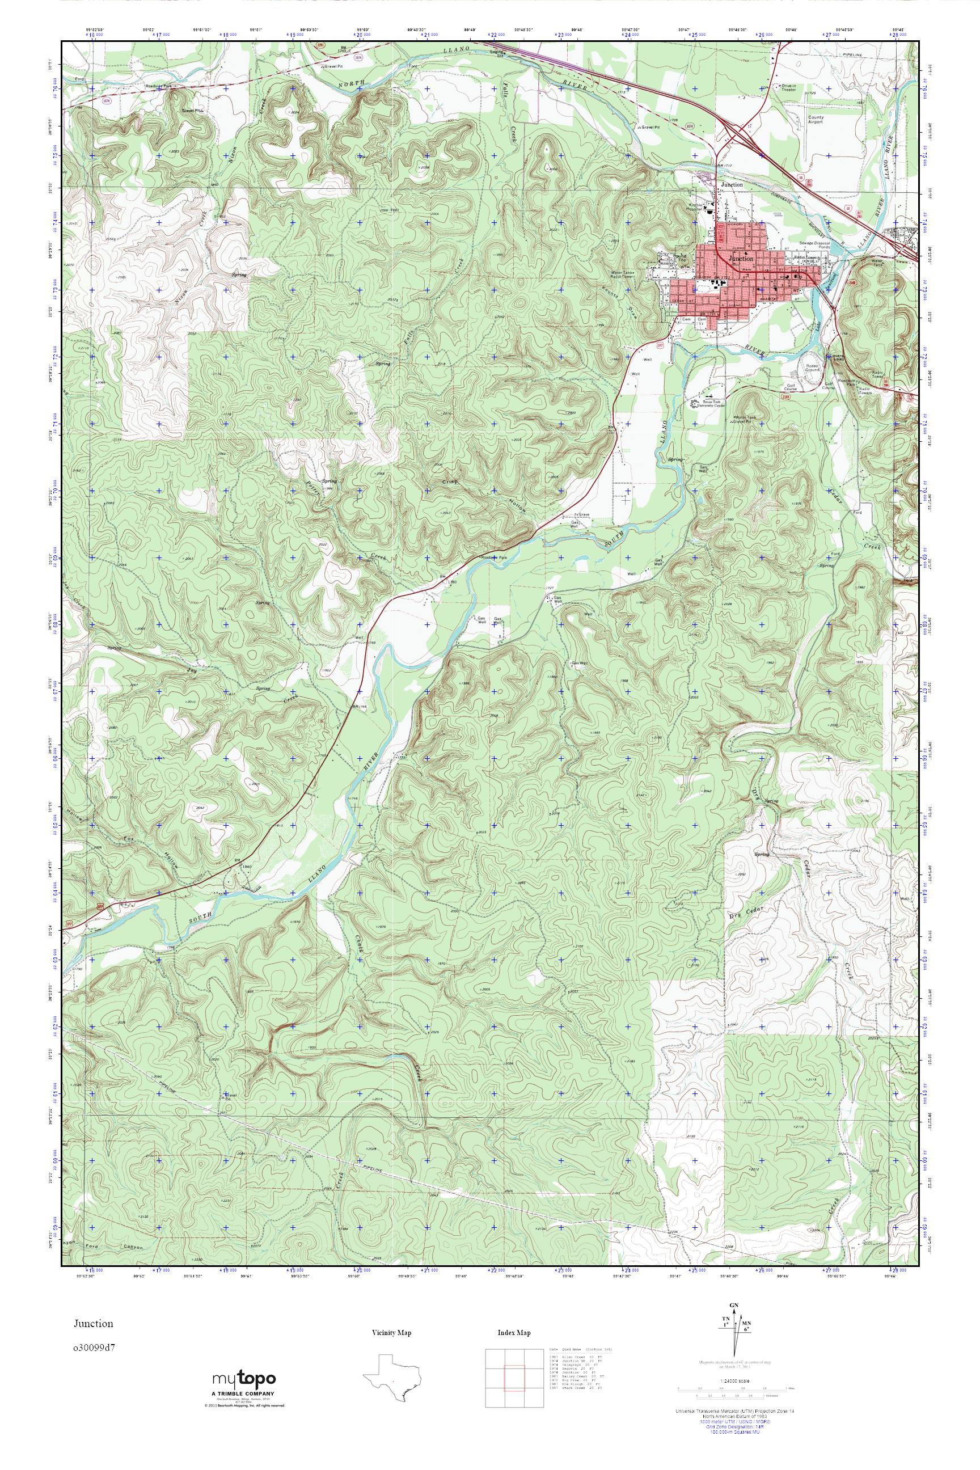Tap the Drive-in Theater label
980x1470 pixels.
click(x=788, y=87)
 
